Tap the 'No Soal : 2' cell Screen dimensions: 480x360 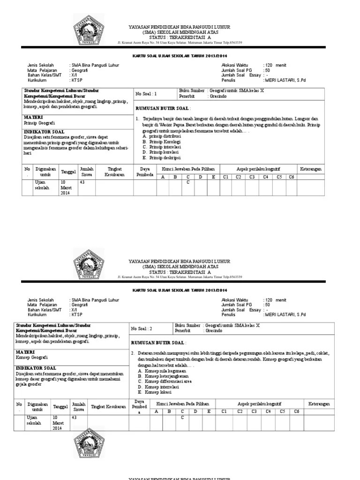(x=142, y=329)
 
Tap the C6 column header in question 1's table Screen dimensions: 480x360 (x=292, y=177)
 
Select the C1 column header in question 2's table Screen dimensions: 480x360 (x=225, y=411)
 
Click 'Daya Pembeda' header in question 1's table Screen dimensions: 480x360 (x=144, y=172)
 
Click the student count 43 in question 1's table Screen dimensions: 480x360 (x=82, y=182)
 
